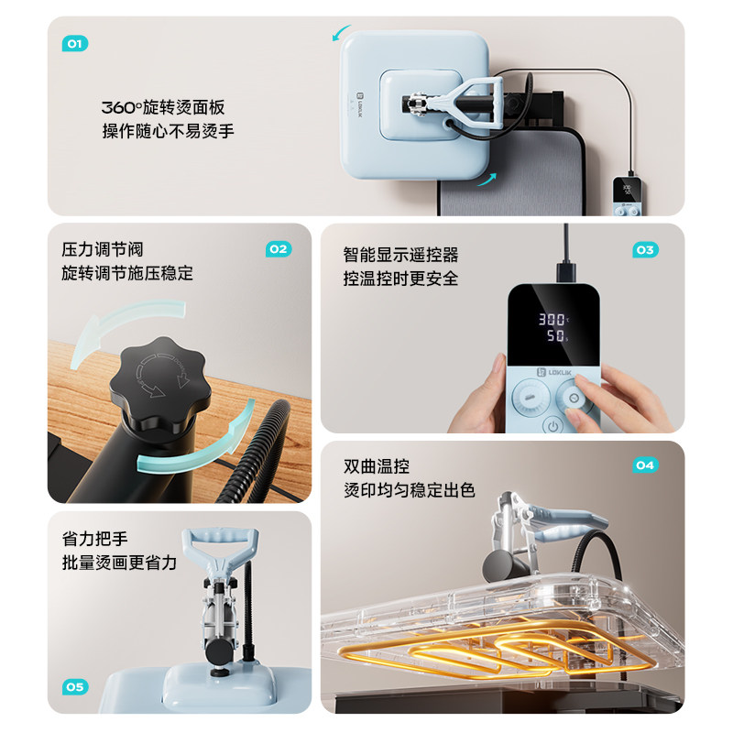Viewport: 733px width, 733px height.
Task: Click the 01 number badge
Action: pyautogui.click(x=74, y=43)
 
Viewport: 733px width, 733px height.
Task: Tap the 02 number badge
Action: pyautogui.click(x=278, y=249)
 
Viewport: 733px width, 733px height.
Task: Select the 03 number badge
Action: pyautogui.click(x=645, y=249)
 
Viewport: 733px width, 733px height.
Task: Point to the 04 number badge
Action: pyautogui.click(x=645, y=465)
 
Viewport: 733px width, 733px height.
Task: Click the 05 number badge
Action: pyautogui.click(x=75, y=686)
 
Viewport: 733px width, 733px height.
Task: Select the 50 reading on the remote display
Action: pyautogui.click(x=554, y=337)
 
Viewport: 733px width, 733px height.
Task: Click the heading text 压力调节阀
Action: pyautogui.click(x=103, y=249)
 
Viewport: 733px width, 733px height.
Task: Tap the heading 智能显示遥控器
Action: pyautogui.click(x=400, y=254)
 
